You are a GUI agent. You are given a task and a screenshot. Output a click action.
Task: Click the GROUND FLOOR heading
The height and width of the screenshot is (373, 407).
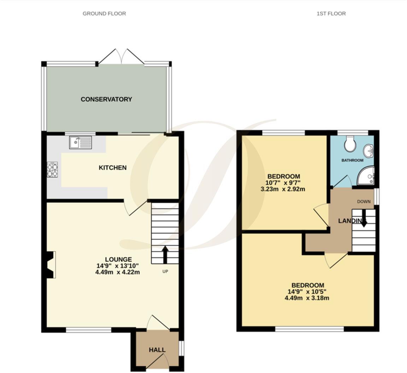point(104,13)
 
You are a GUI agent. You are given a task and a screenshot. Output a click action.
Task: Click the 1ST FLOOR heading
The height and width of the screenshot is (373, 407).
point(331,13)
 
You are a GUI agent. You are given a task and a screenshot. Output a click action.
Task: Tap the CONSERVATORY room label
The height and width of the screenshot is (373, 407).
point(106,99)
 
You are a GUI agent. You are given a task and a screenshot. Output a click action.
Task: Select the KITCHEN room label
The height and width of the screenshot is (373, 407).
point(112,168)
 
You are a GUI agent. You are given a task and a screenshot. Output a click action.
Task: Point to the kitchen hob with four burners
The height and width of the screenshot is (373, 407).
point(52,169)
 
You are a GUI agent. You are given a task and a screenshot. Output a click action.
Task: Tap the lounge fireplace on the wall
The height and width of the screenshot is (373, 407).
point(51,265)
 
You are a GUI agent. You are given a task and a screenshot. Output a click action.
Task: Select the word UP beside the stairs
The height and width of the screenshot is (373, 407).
point(165,271)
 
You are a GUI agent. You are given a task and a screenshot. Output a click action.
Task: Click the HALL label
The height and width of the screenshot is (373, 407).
point(157,350)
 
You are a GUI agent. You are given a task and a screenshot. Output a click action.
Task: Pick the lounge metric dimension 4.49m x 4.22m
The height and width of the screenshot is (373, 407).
point(118,272)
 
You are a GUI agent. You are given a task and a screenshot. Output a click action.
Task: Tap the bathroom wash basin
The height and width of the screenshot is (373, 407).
point(369,151)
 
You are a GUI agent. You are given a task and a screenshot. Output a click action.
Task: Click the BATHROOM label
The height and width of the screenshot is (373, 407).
point(352,160)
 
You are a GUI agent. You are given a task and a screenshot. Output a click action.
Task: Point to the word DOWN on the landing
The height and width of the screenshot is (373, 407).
point(364,201)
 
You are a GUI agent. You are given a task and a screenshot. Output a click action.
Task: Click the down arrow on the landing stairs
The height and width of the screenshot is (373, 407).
point(363,221)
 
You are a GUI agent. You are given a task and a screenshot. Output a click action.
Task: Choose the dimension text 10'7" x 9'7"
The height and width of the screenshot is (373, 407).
point(283,183)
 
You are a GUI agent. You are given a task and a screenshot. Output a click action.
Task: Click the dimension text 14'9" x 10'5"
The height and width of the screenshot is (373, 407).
point(307,292)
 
